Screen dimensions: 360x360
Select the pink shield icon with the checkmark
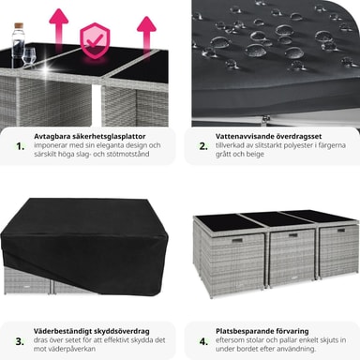coord(95,40)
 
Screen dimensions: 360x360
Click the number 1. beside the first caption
coord(21,146)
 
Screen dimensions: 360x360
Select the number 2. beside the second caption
coord(203,146)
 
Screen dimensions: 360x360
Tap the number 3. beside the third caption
coord(20,341)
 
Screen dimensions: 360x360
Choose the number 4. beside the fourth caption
coord(203,341)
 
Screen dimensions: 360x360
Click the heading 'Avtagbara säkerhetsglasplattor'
coord(90,137)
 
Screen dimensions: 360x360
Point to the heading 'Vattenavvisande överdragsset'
coord(268,137)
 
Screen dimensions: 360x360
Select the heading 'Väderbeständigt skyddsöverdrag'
coord(92,331)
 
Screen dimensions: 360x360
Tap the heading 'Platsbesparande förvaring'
coord(262,331)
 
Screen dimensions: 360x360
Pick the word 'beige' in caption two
coord(255,154)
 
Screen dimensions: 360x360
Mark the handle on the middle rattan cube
coord(293,235)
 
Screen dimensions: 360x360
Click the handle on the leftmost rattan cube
coord(236,240)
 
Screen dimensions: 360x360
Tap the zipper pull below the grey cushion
coord(266,119)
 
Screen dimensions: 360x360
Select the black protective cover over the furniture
coord(84,247)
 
